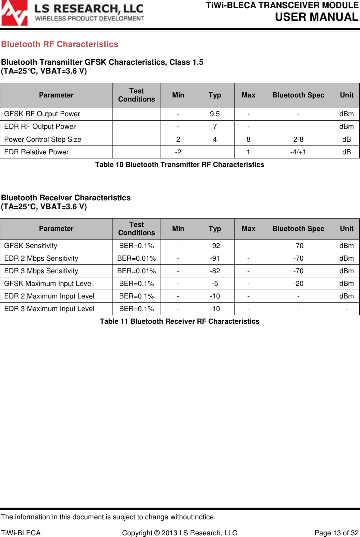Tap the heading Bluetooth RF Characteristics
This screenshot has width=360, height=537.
(x=60, y=44)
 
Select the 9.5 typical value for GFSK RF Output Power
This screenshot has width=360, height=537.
(x=215, y=114)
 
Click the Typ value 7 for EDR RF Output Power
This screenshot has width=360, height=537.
(x=215, y=126)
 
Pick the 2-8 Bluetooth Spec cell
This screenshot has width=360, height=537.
(x=298, y=139)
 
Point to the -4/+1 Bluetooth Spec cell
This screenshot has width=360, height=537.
(x=298, y=152)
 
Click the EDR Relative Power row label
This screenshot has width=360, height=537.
(x=36, y=152)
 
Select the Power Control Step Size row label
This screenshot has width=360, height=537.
(x=43, y=139)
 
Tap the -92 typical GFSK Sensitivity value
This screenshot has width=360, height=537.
(x=215, y=246)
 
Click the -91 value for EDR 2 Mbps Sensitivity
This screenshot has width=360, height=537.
(x=215, y=258)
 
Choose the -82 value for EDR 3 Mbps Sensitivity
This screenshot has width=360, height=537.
(x=215, y=271)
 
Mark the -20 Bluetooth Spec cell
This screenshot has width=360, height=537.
(x=298, y=283)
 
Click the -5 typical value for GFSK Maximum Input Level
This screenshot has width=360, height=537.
(x=215, y=283)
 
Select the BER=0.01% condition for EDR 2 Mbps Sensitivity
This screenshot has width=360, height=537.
(x=136, y=258)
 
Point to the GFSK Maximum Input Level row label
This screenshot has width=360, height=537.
(x=48, y=283)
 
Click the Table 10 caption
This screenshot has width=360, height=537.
(x=180, y=165)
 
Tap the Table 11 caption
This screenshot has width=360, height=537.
(x=180, y=321)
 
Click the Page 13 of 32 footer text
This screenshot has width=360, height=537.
(x=336, y=533)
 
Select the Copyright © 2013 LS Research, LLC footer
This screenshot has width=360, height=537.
(x=180, y=533)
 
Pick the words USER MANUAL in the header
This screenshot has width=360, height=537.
(x=316, y=17)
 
